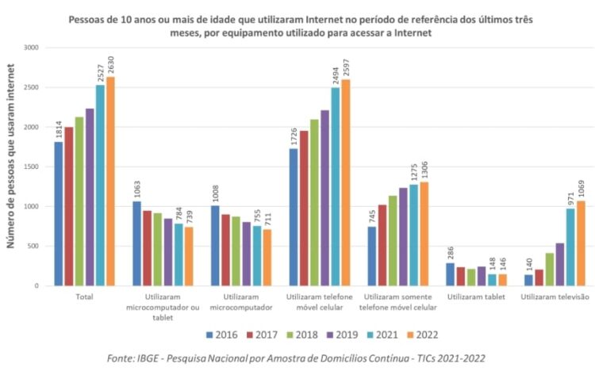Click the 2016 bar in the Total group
coord(58,214)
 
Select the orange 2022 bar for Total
coord(110,182)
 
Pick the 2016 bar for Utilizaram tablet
coord(451,274)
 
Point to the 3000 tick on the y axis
coord(30,48)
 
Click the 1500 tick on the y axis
coord(30,167)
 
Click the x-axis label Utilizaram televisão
coord(555,297)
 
